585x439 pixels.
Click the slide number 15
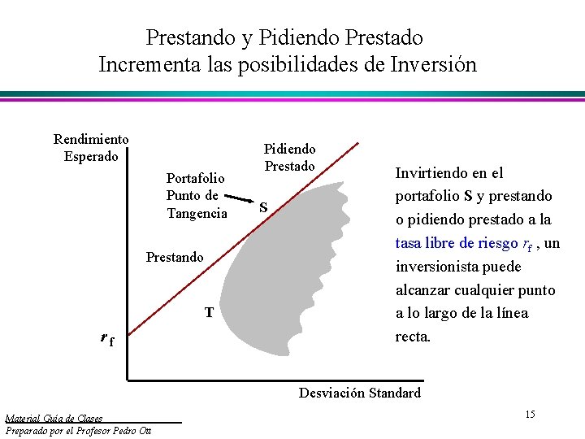coord(530,415)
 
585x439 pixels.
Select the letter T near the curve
coord(209,312)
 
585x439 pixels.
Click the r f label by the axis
coord(106,339)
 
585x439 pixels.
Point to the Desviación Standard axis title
coord(359,393)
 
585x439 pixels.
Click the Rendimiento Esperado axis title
coord(90,148)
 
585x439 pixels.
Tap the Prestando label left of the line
coord(175,258)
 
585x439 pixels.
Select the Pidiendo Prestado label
coord(290,158)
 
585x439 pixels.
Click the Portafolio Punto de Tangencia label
coord(197,196)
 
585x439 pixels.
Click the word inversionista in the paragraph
coord(436,267)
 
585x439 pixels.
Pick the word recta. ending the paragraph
coord(412,337)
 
